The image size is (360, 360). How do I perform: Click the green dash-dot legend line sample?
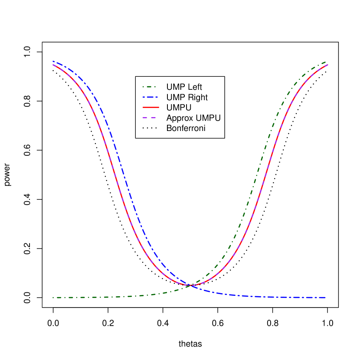click(149, 87)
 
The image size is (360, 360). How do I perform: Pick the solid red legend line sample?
click(151, 107)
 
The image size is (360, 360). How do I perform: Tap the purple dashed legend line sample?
click(149, 118)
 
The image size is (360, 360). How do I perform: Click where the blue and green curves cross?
click(190, 285)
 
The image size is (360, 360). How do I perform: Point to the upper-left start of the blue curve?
click(53, 62)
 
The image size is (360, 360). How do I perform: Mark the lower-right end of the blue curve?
click(325, 298)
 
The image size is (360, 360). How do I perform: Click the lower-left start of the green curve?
click(53, 298)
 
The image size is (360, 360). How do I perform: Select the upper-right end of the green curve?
click(326, 62)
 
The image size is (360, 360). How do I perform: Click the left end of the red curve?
click(53, 65)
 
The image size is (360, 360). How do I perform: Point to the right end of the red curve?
click(327, 65)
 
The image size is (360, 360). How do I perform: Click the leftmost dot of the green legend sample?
click(143, 87)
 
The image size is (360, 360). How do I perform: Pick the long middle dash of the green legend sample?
click(150, 87)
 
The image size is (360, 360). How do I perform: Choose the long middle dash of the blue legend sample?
click(150, 97)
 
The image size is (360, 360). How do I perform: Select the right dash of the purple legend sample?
click(153, 118)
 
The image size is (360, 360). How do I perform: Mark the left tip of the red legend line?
click(143, 107)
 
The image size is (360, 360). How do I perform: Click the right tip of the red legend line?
click(159, 107)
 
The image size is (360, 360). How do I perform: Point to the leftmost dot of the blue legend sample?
click(143, 97)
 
